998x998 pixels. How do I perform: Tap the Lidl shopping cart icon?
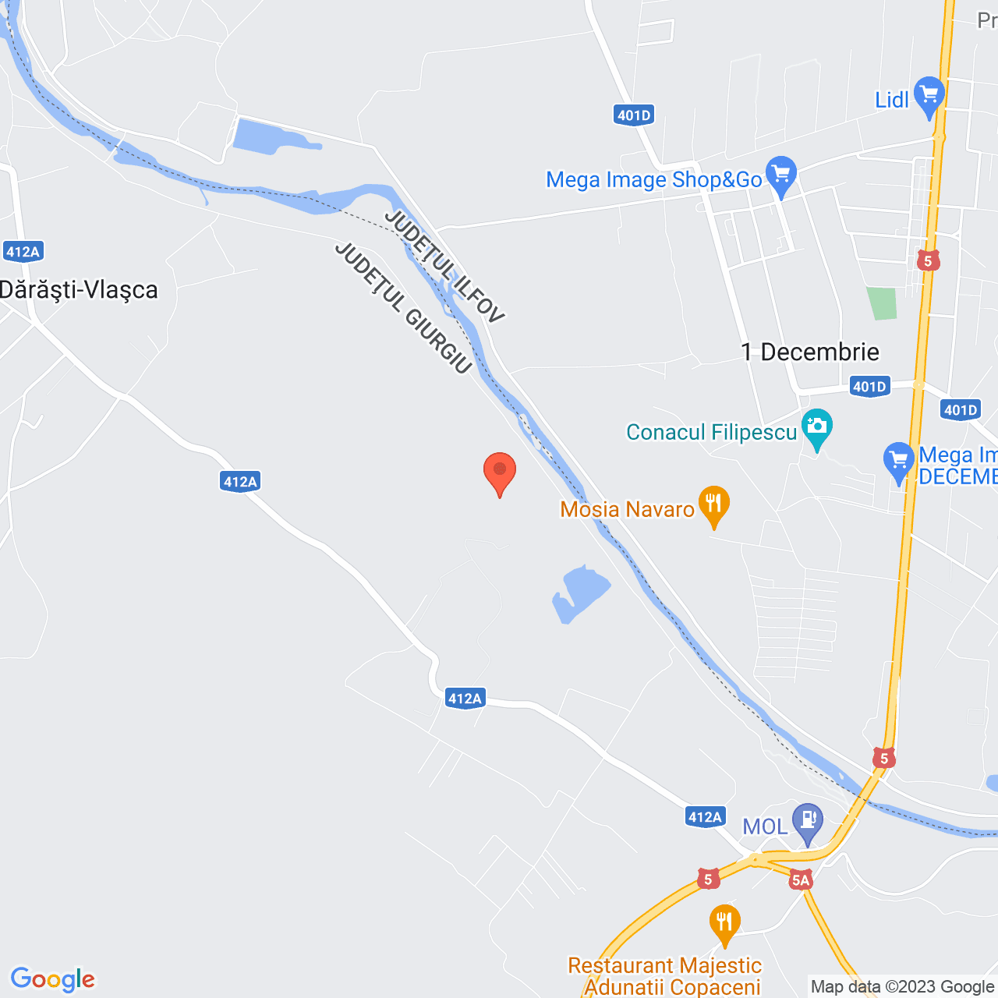coord(929,95)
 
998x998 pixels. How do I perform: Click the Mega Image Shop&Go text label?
coord(653,180)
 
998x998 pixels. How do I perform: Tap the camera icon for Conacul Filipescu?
coord(816,426)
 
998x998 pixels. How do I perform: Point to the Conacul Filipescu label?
coord(711,433)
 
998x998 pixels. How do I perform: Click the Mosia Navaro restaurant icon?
coord(713,504)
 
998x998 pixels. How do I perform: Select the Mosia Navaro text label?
coord(627,510)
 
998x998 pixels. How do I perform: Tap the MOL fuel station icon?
coord(807,821)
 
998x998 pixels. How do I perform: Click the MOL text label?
coord(764,826)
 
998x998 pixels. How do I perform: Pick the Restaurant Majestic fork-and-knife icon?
coord(724,923)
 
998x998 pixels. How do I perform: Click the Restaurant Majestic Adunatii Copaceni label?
coord(665,976)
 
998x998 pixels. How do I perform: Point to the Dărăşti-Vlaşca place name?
coord(79,290)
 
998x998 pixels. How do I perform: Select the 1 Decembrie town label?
coord(810,352)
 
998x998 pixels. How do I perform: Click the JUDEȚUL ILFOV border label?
coord(444,267)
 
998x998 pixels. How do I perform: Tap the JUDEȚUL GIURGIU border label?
coord(403,308)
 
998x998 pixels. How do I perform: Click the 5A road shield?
coord(801,880)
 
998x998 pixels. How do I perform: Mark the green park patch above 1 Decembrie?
coord(883,303)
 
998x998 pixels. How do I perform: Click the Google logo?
coord(53,979)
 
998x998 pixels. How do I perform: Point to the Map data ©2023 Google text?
coord(902,987)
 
